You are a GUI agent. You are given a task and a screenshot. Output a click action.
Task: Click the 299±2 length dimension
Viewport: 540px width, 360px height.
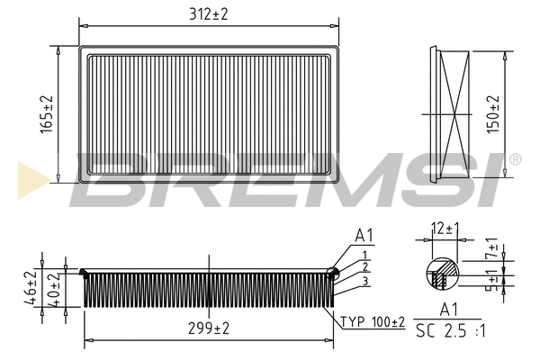209,329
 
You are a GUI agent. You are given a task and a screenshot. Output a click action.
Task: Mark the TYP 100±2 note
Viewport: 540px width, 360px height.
373,321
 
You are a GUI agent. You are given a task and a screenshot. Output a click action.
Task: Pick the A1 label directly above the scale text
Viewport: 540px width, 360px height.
448,310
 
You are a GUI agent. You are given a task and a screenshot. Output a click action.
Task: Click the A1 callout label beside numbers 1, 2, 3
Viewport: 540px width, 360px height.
364,236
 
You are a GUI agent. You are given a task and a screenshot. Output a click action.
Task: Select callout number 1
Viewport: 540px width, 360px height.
365,255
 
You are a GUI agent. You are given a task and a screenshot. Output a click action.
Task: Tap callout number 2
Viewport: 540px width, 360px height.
365,267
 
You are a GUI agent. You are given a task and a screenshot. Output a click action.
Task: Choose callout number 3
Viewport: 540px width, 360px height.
365,281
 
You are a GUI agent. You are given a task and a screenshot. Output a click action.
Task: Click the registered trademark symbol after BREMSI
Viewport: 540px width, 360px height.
515,159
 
